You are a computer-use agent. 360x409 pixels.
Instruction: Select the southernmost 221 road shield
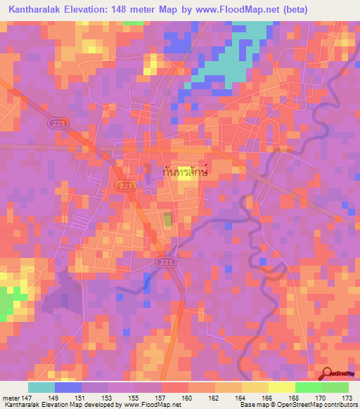tap(163, 261)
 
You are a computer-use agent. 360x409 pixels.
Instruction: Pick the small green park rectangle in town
tap(167, 220)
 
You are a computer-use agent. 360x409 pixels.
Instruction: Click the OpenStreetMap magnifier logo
tap(328, 375)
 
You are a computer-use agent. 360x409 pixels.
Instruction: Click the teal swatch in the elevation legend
tap(41, 387)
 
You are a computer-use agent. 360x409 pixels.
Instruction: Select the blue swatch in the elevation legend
tap(68, 387)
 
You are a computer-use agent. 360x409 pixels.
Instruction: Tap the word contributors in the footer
tap(339, 405)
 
